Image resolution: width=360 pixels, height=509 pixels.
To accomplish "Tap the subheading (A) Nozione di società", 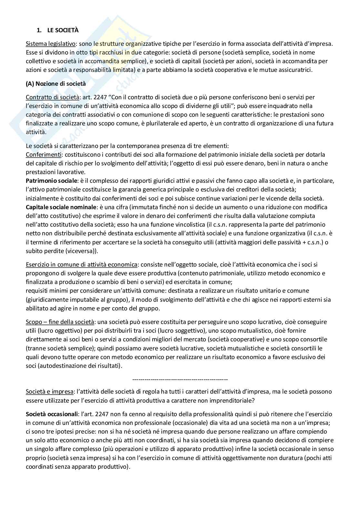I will pos(56,83).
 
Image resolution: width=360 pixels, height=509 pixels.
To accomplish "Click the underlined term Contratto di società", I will pos(52,97).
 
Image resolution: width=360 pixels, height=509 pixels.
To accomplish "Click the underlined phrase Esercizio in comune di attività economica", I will pos(82,265).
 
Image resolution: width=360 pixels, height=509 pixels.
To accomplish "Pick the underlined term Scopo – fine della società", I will pos(60,322).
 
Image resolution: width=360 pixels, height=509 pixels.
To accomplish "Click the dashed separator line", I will pos(180,379).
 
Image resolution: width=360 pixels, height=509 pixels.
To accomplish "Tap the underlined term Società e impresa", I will pos(50,392).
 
